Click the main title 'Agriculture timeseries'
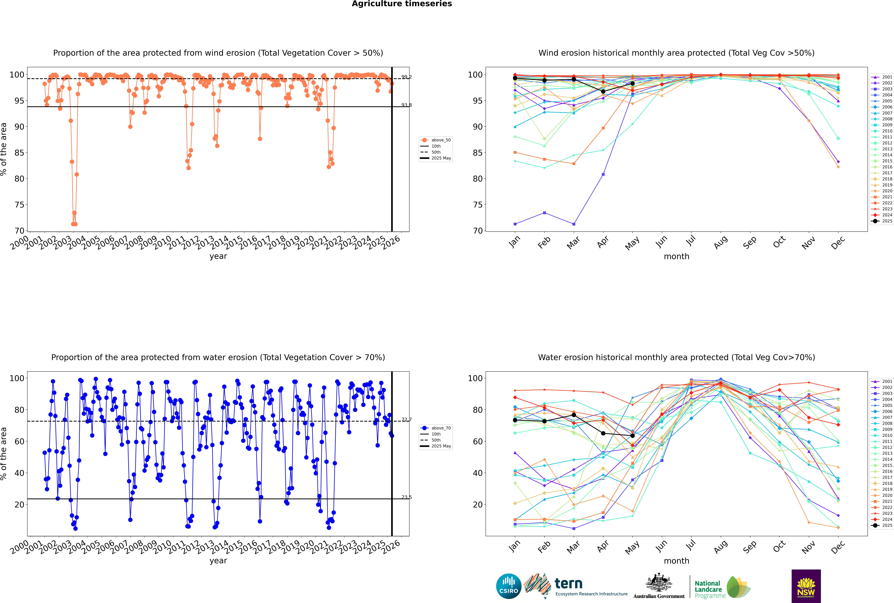pos(402,4)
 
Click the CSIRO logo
pos(508,586)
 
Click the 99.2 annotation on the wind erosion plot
pos(406,77)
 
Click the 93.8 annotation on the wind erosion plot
pos(406,105)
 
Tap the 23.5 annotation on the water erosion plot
pos(406,497)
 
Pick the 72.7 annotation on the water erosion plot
pos(406,420)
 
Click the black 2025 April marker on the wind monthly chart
pos(603,92)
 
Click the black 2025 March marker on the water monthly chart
pos(574,415)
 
